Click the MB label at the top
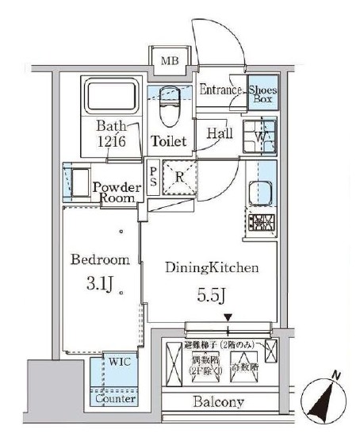point(170,61)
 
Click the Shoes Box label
point(262,95)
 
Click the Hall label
point(219,134)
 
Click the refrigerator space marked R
point(180,177)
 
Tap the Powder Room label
point(117,192)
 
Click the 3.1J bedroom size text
point(98,281)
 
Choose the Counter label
point(114,399)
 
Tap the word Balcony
point(218,402)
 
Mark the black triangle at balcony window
point(228,319)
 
